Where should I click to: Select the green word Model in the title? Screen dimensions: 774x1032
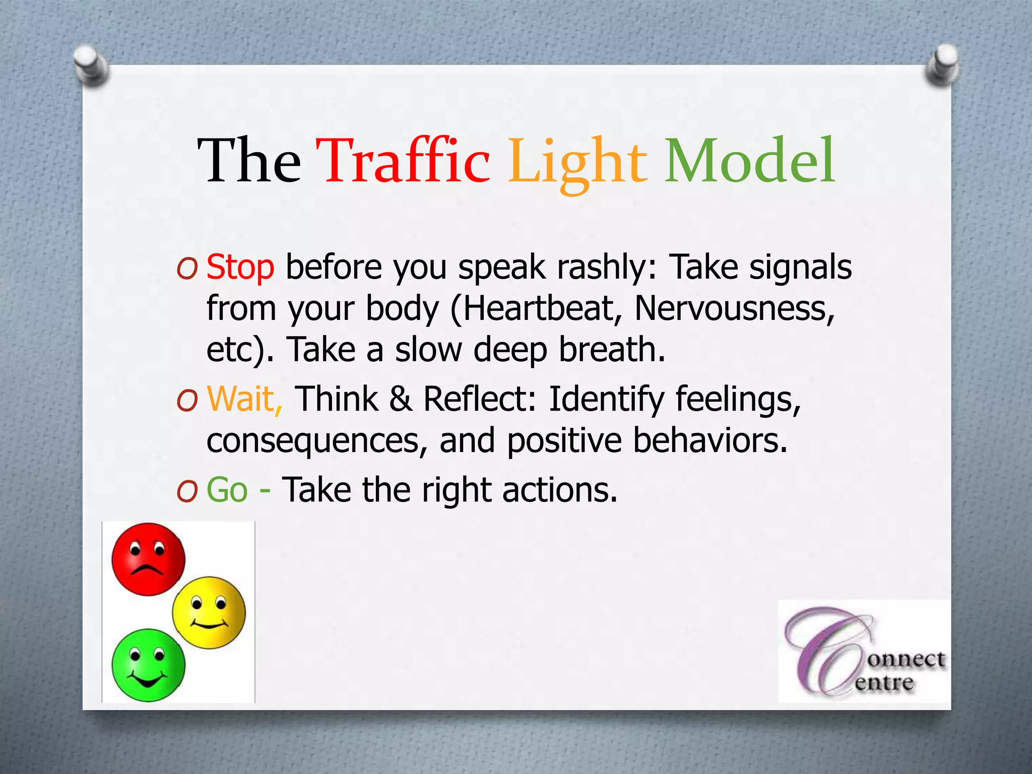(x=750, y=161)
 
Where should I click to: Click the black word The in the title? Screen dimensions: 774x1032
(x=249, y=161)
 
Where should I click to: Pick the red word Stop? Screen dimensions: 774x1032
(x=240, y=267)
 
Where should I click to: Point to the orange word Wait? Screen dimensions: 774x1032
(x=244, y=399)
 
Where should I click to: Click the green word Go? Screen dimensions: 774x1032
(x=227, y=490)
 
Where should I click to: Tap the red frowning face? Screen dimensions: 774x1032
(x=148, y=559)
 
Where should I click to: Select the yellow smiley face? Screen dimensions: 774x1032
(x=209, y=613)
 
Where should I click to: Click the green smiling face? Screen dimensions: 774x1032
(x=148, y=665)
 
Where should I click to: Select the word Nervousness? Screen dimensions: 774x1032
(x=733, y=308)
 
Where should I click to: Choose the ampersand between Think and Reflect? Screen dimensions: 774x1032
(x=400, y=399)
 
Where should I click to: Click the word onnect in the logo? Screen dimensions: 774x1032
(x=906, y=659)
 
